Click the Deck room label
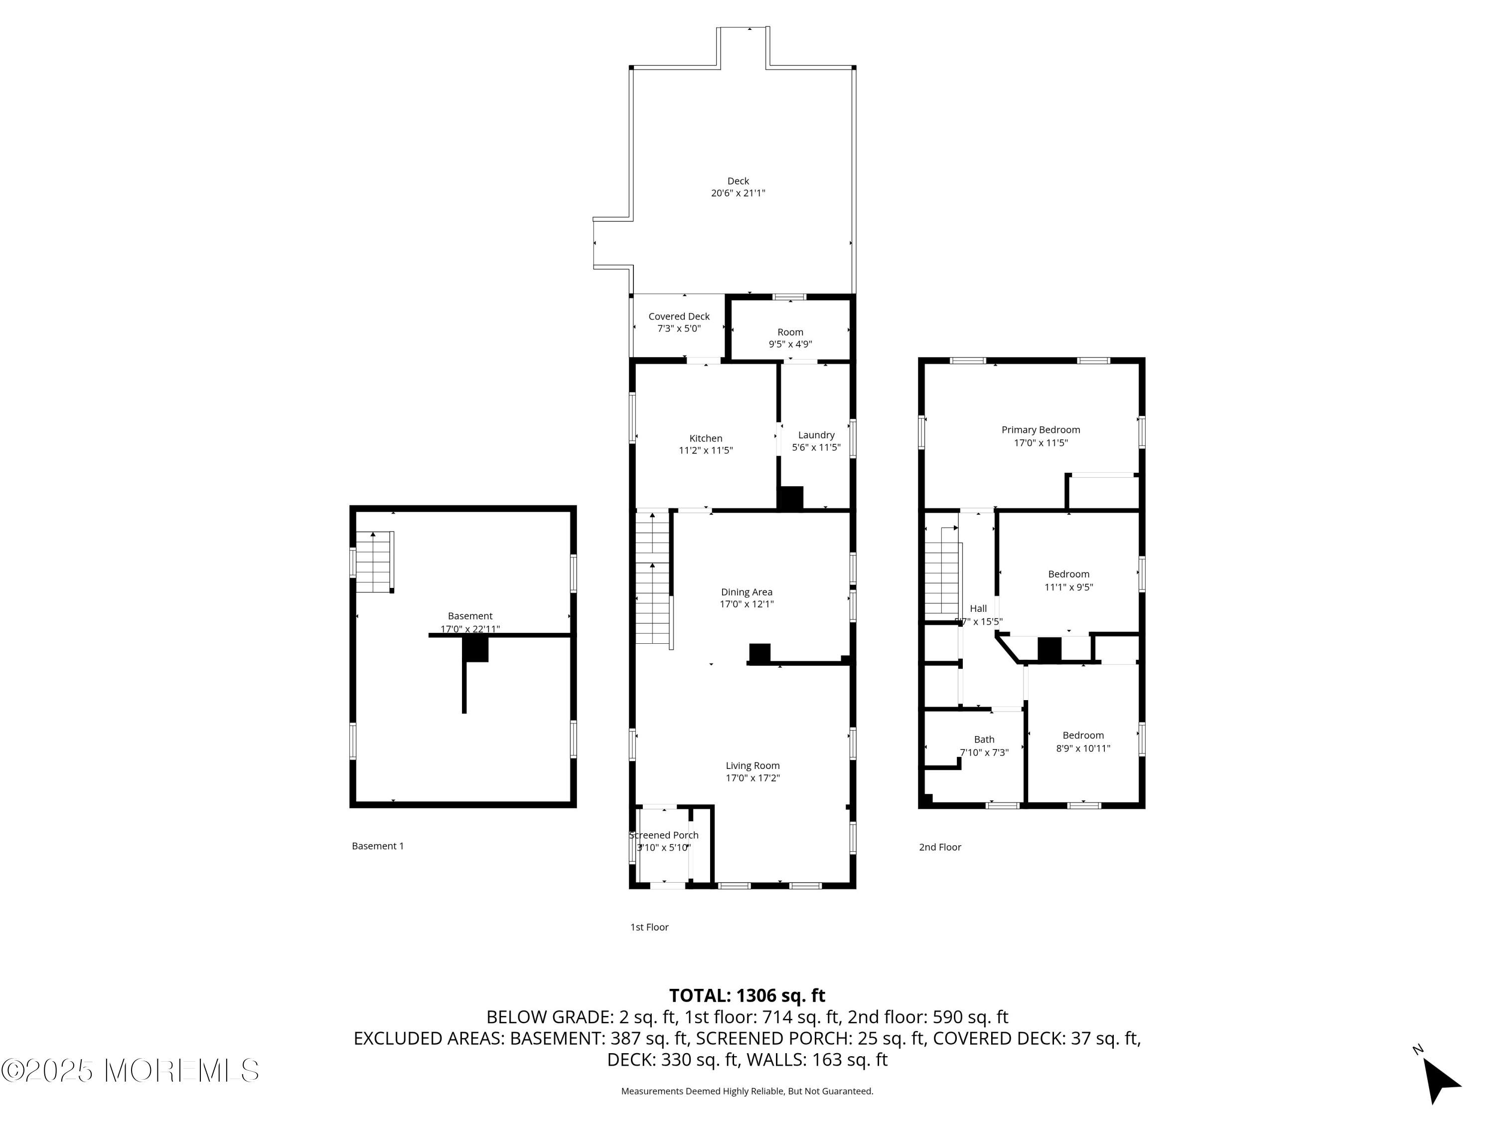tap(738, 181)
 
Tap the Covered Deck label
tap(679, 317)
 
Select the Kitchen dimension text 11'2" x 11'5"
tap(706, 450)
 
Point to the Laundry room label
tap(816, 435)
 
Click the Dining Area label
tap(746, 592)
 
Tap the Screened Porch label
tap(664, 835)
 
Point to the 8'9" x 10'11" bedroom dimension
tap(1083, 748)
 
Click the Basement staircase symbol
tap(374, 561)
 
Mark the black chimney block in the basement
tap(476, 649)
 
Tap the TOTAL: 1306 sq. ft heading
tap(747, 995)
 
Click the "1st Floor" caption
tap(649, 927)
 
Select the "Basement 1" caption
tap(378, 846)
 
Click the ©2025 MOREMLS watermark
tap(130, 1071)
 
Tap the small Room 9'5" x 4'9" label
tap(790, 332)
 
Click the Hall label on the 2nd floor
tap(978, 609)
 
